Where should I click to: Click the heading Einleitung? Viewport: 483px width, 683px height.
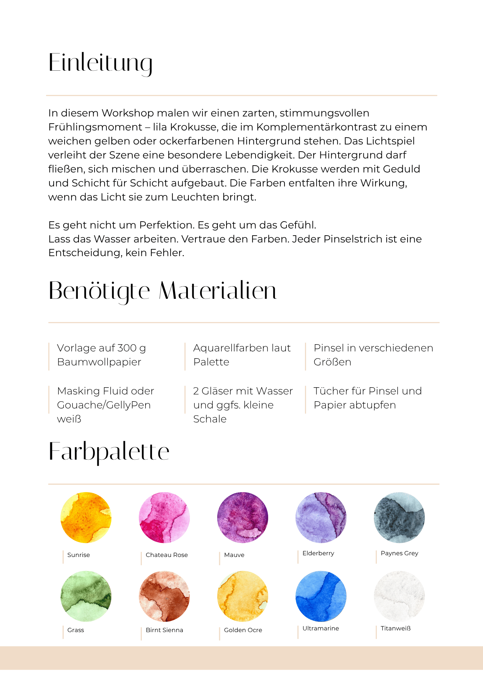tap(100, 63)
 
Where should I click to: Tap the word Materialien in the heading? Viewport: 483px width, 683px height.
tap(218, 291)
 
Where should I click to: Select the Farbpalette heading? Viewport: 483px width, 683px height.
tap(109, 452)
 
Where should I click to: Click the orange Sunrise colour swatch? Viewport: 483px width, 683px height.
tap(86, 517)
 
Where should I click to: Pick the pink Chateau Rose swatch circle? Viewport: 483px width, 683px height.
tap(164, 517)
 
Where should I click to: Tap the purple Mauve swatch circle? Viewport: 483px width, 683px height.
tap(243, 517)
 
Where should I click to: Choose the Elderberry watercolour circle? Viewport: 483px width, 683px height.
tap(321, 517)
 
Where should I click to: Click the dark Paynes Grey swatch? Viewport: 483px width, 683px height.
tap(399, 517)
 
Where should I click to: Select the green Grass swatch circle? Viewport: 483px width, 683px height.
tap(86, 596)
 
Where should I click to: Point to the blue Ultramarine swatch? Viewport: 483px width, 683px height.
tap(321, 596)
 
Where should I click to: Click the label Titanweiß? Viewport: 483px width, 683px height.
tap(396, 628)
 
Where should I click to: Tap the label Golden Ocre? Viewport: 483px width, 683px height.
tap(243, 630)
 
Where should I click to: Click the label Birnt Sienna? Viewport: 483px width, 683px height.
tap(164, 630)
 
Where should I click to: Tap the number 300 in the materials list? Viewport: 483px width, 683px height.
tap(127, 348)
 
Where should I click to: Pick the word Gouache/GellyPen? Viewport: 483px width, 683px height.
tap(104, 405)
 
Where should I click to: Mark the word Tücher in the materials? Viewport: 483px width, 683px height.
tap(330, 391)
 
